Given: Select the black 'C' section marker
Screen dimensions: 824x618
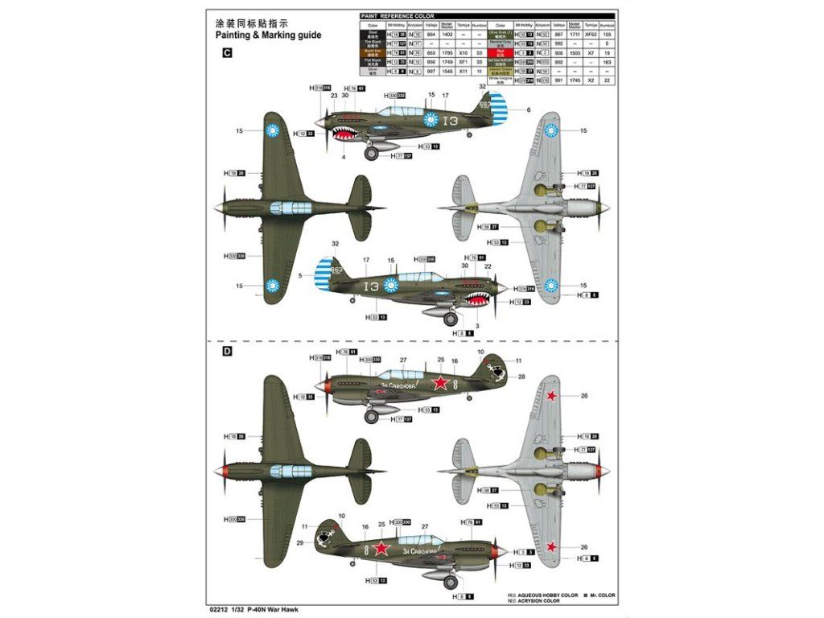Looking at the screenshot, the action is point(227,53).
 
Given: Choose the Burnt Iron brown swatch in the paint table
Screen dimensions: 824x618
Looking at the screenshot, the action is point(371,52).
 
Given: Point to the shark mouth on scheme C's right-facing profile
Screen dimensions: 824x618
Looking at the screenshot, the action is point(348,131).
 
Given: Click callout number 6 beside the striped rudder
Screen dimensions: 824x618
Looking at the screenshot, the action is point(529,109).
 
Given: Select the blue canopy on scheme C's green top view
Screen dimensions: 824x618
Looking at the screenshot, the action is point(290,208).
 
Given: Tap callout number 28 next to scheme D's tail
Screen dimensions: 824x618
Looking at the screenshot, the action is point(521,377).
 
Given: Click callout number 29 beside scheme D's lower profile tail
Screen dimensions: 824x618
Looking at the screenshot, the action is point(300,544).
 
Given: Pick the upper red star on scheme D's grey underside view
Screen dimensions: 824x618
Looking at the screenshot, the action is point(552,396).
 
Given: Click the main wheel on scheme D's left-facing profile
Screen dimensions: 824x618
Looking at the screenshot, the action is point(372,416).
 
